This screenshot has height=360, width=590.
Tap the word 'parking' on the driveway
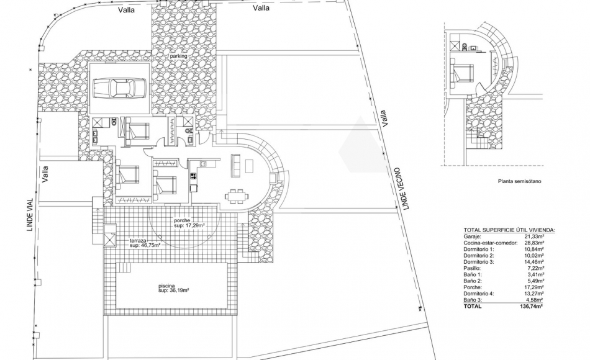point(179,56)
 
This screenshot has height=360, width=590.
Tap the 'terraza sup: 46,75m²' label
point(145,243)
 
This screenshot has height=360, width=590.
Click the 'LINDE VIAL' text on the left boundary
point(29,215)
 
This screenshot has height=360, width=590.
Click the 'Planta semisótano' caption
point(519,181)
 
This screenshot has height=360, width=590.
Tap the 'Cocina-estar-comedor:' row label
point(490,243)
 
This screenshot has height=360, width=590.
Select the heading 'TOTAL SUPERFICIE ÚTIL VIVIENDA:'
point(509,230)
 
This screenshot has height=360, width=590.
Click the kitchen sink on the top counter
point(202,164)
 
